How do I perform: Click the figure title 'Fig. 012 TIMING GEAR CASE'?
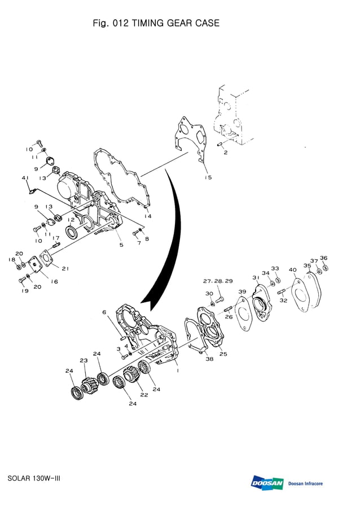pyautogui.click(x=156, y=23)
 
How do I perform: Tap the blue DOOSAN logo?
pyautogui.click(x=267, y=483)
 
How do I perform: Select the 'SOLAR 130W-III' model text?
pyautogui.click(x=34, y=478)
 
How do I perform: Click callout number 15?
pyautogui.click(x=208, y=177)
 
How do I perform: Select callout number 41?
pyautogui.click(x=25, y=178)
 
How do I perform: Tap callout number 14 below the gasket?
pyautogui.click(x=148, y=216)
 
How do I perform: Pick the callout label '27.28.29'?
pyautogui.click(x=218, y=281)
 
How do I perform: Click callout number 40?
pyautogui.click(x=292, y=270)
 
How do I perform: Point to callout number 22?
pyautogui.click(x=144, y=395)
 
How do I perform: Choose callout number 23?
pyautogui.click(x=84, y=360)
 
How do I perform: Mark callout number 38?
pyautogui.click(x=209, y=359)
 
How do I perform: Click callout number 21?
pyautogui.click(x=65, y=268)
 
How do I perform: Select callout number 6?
pyautogui.click(x=104, y=312)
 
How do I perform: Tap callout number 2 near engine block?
pyautogui.click(x=225, y=152)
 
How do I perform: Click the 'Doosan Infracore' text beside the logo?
pyautogui.click(x=305, y=483)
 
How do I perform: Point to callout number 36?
pyautogui.click(x=323, y=258)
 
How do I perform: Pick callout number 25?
pyautogui.click(x=223, y=354)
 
